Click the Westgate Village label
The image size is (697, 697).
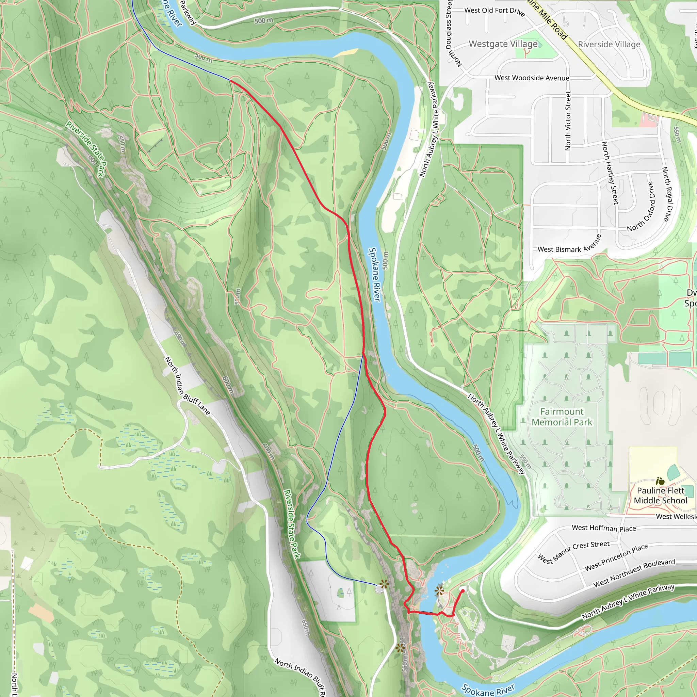point(503,44)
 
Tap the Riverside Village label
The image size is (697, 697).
point(609,44)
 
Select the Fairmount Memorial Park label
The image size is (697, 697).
point(562,417)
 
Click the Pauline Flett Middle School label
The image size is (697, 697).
point(660,495)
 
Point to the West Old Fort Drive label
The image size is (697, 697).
point(494,11)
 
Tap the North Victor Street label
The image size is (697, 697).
point(568,120)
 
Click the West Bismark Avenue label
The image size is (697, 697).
point(569,245)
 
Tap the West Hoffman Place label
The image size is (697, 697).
point(603,528)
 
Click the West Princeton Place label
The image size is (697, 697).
point(616,557)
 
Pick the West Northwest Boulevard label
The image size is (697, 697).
point(634,573)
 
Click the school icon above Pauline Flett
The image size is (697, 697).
point(660,481)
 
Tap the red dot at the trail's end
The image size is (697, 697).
point(463,590)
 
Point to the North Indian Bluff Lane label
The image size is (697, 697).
point(187,386)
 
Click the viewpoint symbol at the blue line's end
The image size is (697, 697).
point(384,584)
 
